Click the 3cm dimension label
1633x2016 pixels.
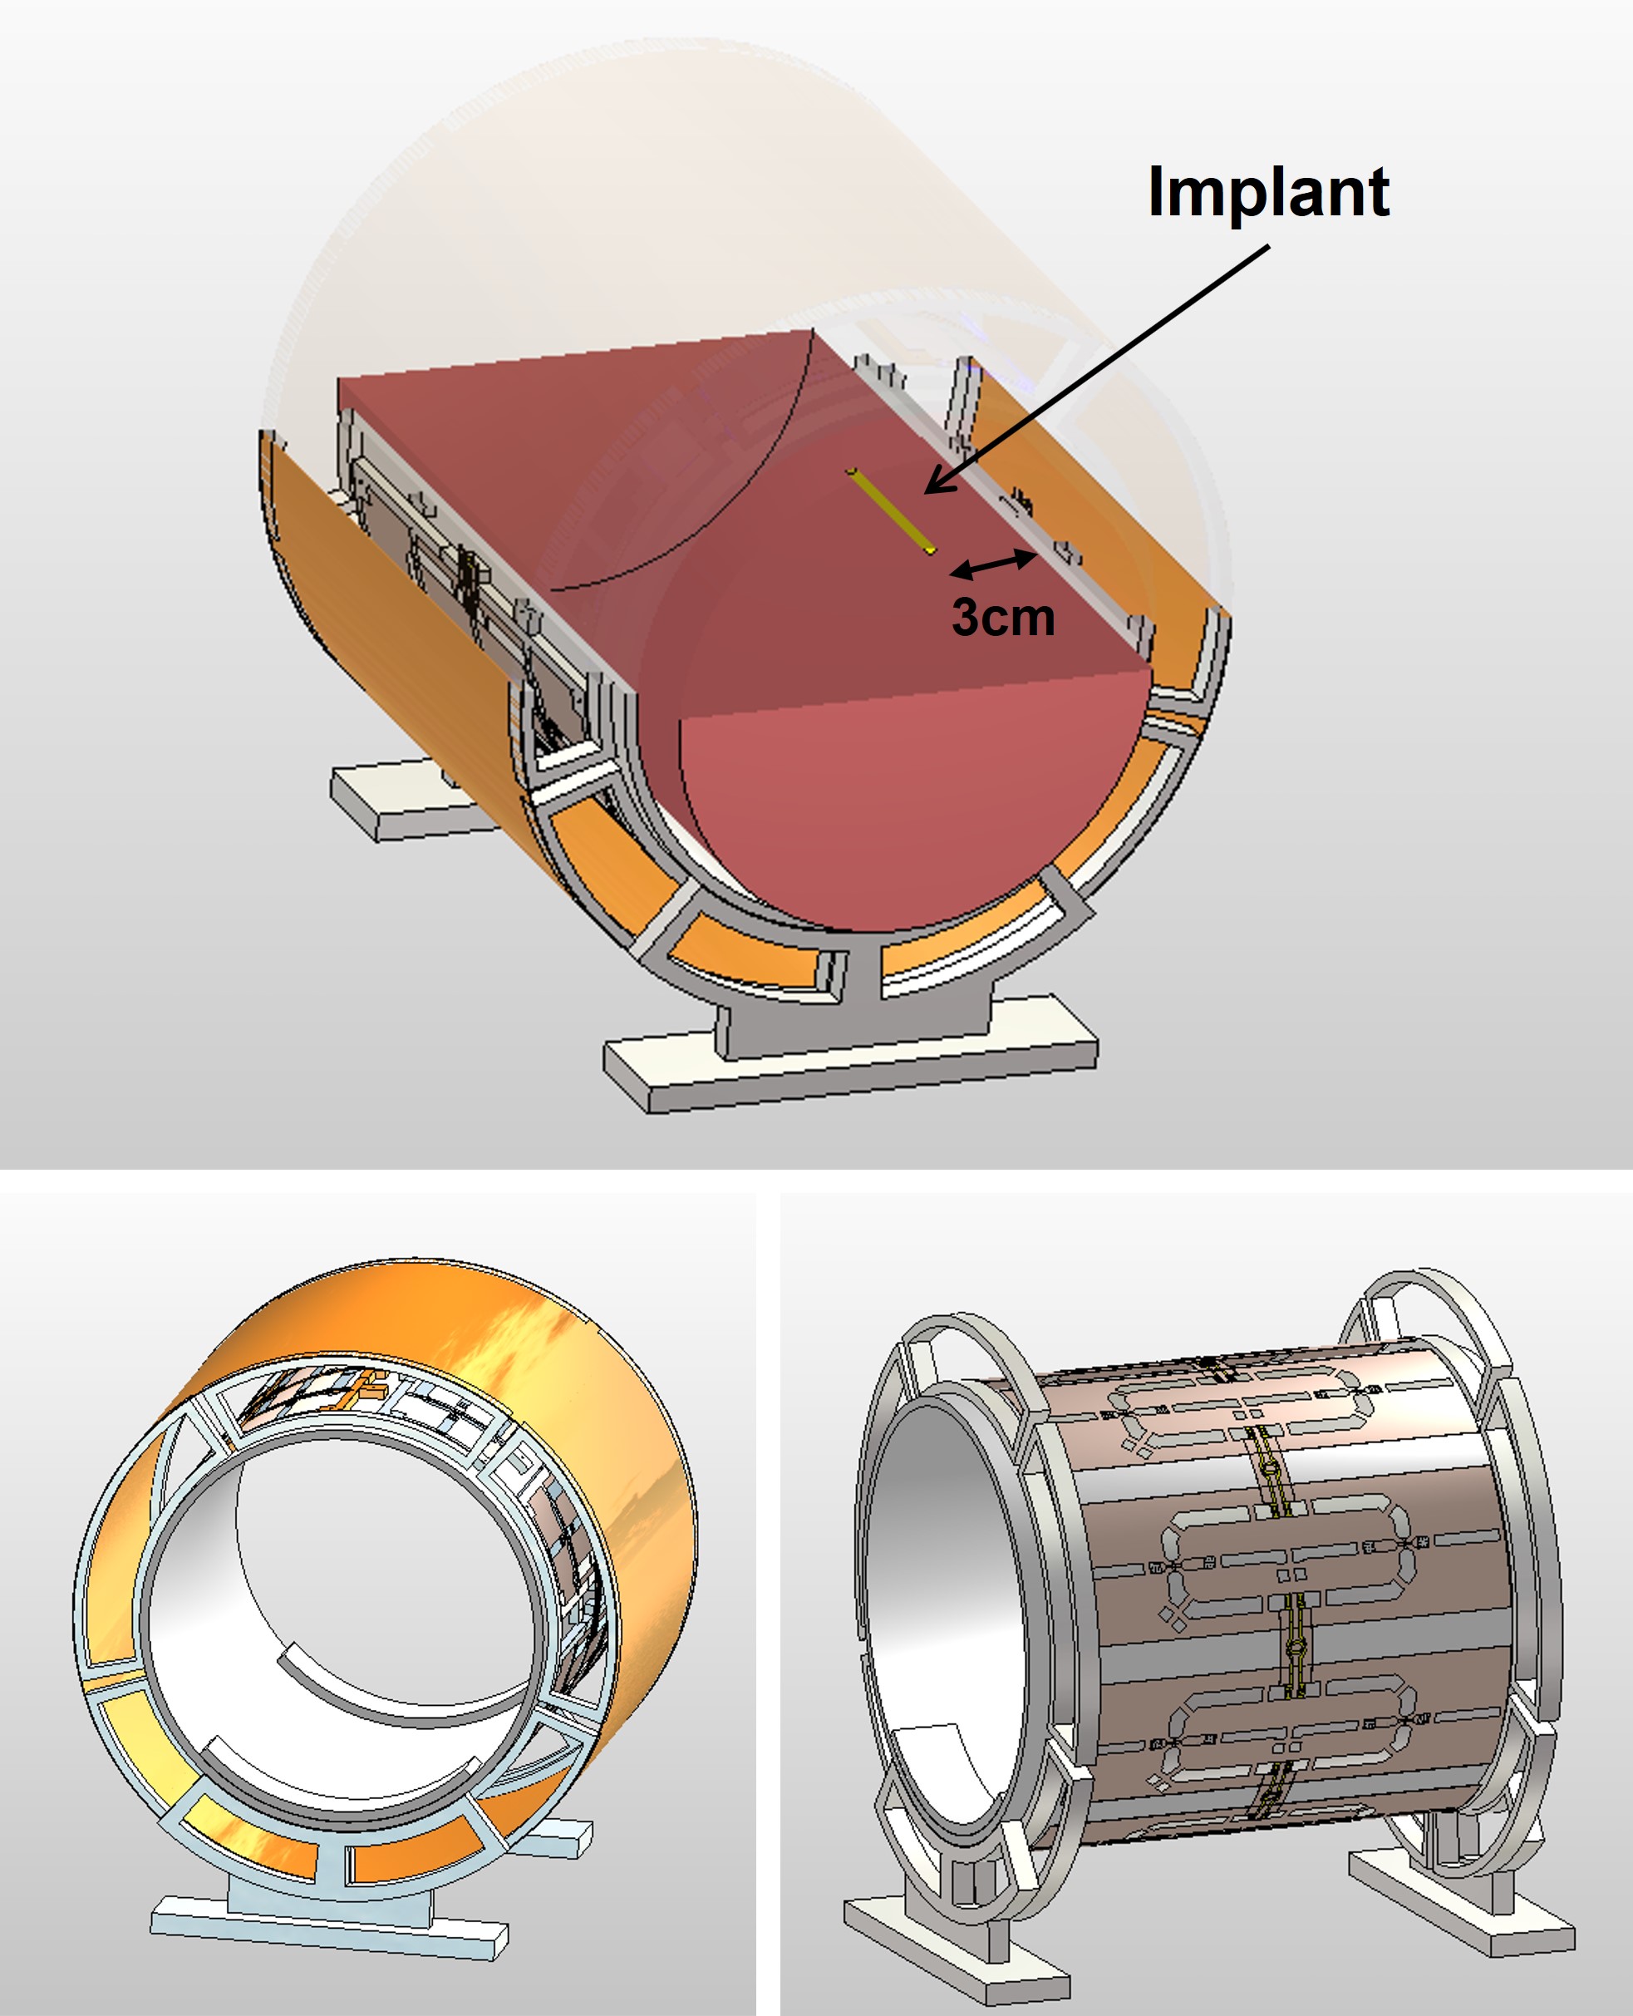(x=1003, y=616)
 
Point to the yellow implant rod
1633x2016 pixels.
(x=892, y=510)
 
